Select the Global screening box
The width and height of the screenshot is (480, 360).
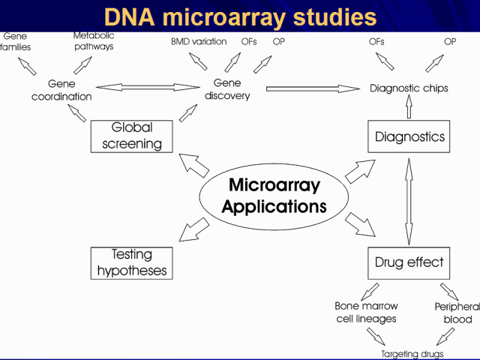[x=131, y=136]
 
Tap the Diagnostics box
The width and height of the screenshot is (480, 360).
[x=409, y=136]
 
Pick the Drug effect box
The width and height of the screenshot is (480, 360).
[x=409, y=262]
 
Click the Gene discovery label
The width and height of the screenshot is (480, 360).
[x=227, y=88]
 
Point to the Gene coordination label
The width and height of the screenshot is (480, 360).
[x=61, y=90]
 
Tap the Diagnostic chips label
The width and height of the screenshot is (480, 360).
[x=409, y=88]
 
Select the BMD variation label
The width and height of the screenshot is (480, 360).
[x=199, y=41]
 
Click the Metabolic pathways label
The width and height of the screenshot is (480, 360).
[x=94, y=40]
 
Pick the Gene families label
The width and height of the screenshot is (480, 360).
[x=15, y=41]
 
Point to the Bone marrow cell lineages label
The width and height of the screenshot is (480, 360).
[x=365, y=312]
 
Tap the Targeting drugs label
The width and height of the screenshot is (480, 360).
[x=412, y=353]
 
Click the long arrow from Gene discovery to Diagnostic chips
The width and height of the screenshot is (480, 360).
[x=313, y=88]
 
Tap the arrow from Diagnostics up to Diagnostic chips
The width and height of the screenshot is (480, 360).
[x=409, y=108]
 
